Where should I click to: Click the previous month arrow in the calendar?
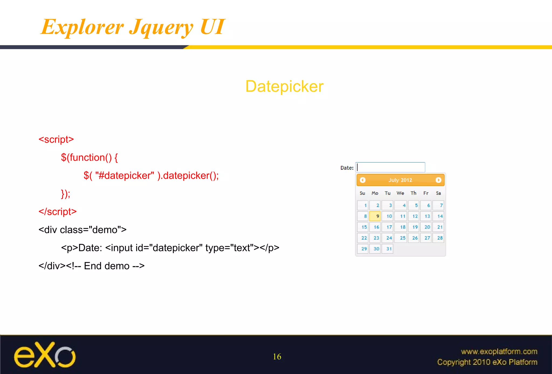click(x=363, y=180)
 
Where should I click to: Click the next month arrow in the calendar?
click(x=438, y=180)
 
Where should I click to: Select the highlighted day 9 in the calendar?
click(x=375, y=216)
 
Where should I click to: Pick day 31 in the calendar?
click(x=388, y=249)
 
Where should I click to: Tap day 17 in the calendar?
click(x=388, y=227)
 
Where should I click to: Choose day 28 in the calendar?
click(x=439, y=238)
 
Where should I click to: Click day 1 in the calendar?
click(x=363, y=205)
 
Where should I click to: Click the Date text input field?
click(x=390, y=167)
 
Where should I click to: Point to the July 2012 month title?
click(x=400, y=180)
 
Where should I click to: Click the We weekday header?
click(x=400, y=193)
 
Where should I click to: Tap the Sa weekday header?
click(x=439, y=193)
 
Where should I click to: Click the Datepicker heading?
click(x=284, y=87)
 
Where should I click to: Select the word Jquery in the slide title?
click(x=161, y=27)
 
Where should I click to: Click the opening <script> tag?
click(x=56, y=140)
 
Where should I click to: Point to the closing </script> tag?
click(x=57, y=212)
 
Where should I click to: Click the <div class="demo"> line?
click(x=82, y=230)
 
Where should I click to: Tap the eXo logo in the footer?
click(x=45, y=355)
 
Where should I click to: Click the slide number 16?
click(x=277, y=357)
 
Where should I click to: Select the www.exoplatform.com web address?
click(x=499, y=351)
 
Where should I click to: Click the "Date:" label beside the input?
click(x=347, y=168)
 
